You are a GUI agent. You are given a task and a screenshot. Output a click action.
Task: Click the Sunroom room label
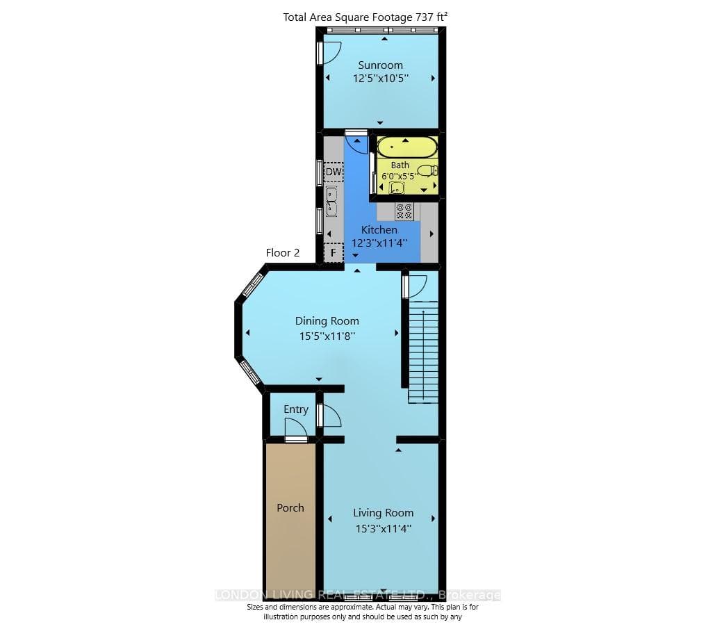tap(380, 65)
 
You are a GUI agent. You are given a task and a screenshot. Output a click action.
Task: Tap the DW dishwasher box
tap(334, 172)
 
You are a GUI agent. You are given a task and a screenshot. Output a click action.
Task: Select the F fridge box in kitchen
tap(334, 252)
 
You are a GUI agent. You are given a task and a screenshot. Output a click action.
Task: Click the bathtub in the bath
tap(408, 147)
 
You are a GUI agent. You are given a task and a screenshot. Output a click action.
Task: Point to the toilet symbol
tap(428, 171)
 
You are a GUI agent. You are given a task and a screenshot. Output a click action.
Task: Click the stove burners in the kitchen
tap(404, 211)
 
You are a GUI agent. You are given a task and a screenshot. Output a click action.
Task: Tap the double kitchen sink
tap(331, 201)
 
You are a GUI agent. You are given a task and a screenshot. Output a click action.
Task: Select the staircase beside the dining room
tap(423, 352)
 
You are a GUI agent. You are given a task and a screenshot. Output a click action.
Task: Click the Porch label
tap(290, 508)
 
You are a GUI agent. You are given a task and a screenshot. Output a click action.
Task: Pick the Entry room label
tap(296, 409)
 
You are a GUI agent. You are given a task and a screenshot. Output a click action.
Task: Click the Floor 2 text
tap(283, 253)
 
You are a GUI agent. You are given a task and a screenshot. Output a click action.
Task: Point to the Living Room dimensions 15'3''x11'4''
tap(384, 529)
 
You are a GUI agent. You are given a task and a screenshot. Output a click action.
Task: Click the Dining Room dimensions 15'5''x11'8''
tap(327, 336)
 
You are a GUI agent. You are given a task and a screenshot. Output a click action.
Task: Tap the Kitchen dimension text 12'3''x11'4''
tap(379, 243)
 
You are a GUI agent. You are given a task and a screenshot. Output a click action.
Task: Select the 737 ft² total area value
tap(432, 17)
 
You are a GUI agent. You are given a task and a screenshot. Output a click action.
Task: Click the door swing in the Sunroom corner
tap(329, 53)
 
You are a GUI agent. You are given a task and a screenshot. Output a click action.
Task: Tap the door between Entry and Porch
tap(296, 431)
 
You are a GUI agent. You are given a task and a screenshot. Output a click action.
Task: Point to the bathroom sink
tap(397, 188)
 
